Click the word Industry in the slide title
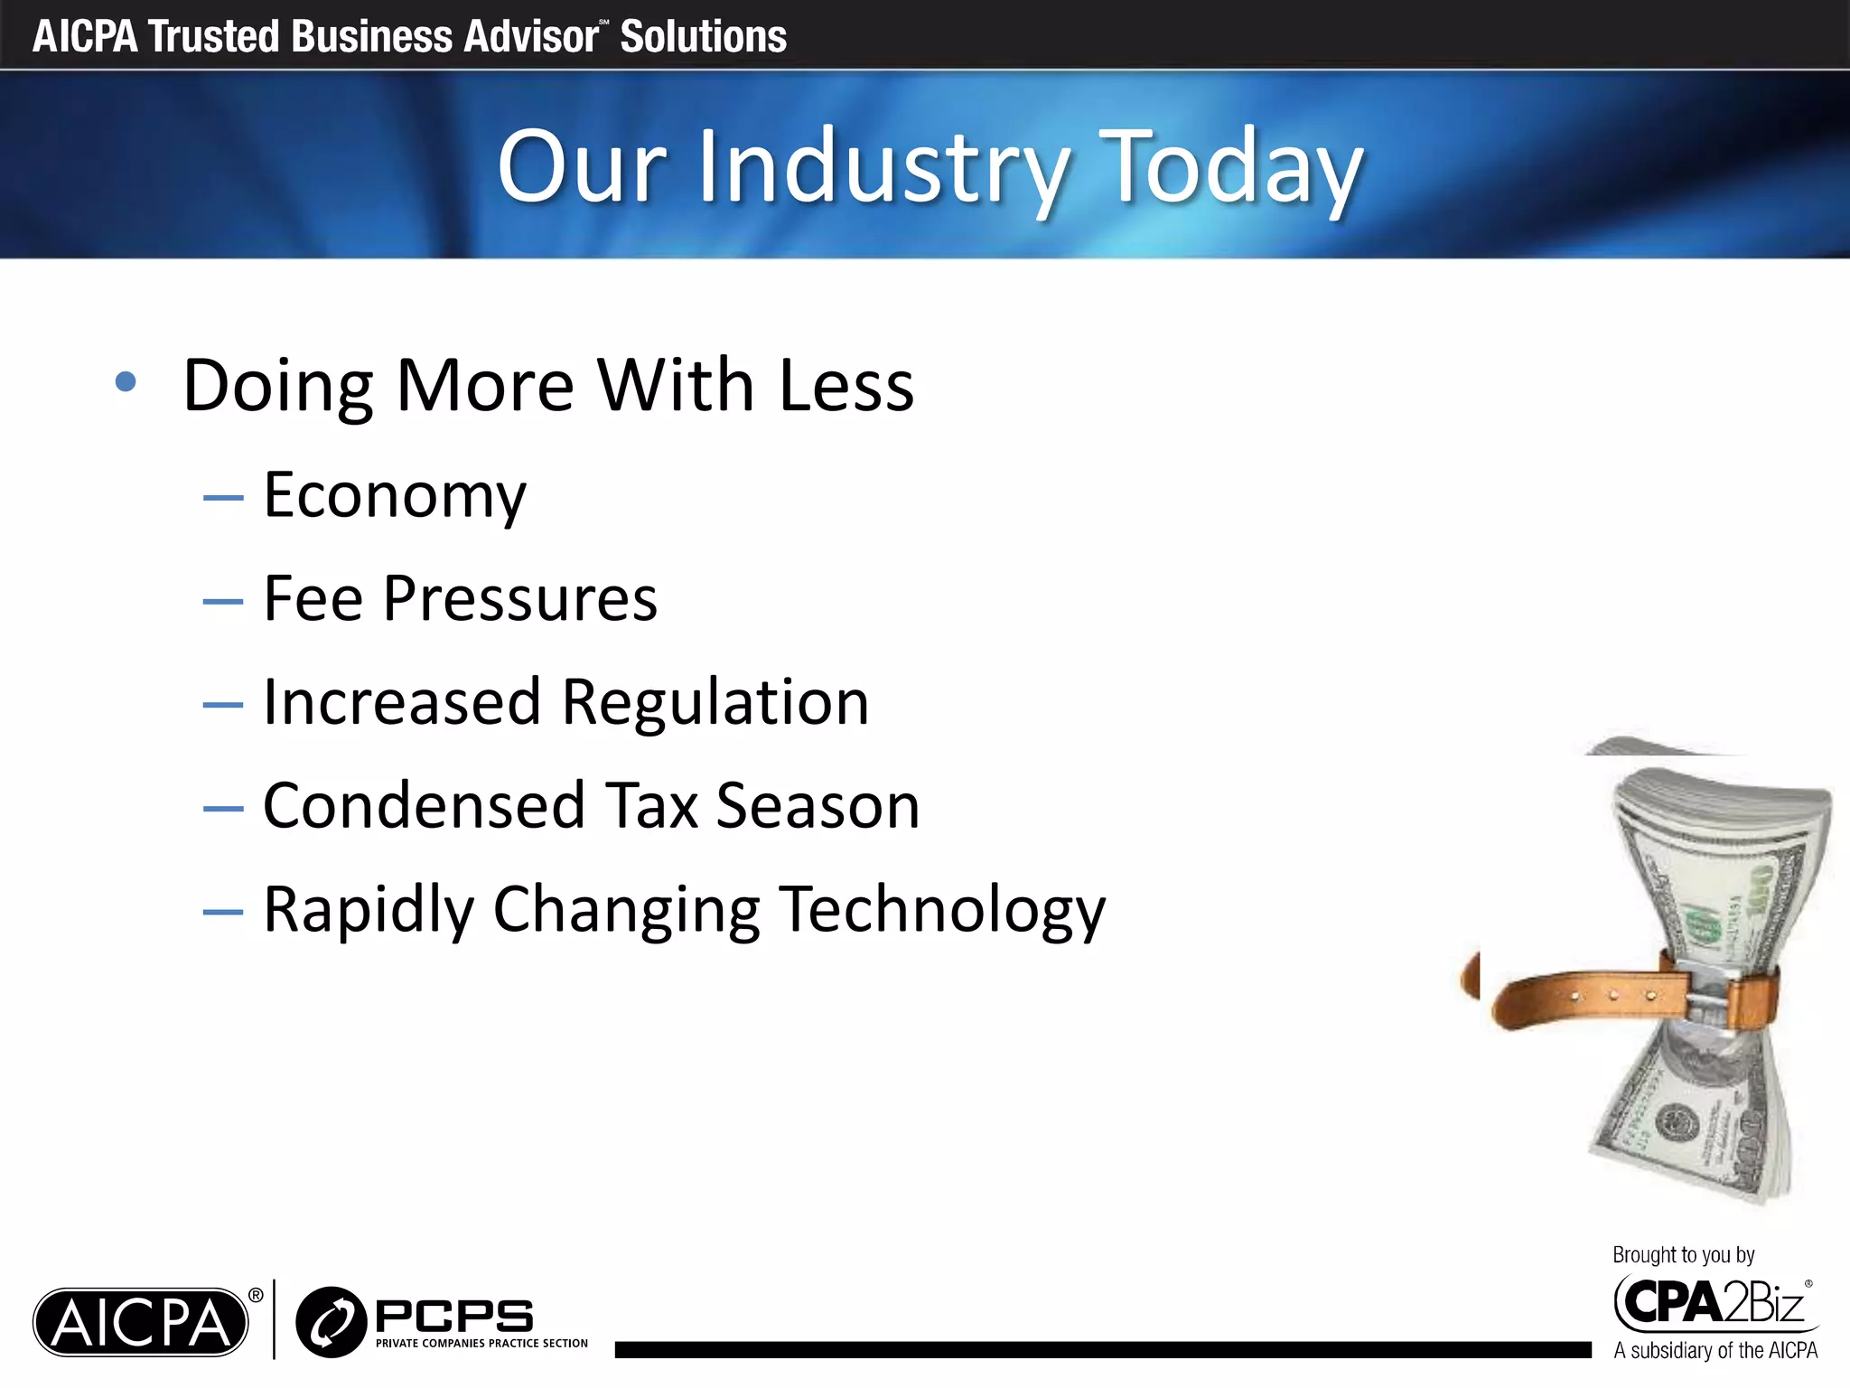[883, 168]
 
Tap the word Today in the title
[1235, 168]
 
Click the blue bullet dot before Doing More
[126, 382]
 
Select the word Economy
[395, 496]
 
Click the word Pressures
[520, 599]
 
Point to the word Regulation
[715, 702]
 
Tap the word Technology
[943, 909]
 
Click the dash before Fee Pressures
[223, 601]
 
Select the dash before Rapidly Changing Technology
[223, 912]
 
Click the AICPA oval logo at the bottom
[141, 1322]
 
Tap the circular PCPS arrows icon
[331, 1322]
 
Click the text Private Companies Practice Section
[481, 1344]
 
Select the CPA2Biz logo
[1713, 1304]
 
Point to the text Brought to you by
[1683, 1255]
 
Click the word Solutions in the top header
[703, 37]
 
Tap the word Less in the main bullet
[846, 386]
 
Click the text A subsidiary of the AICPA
[1715, 1351]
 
